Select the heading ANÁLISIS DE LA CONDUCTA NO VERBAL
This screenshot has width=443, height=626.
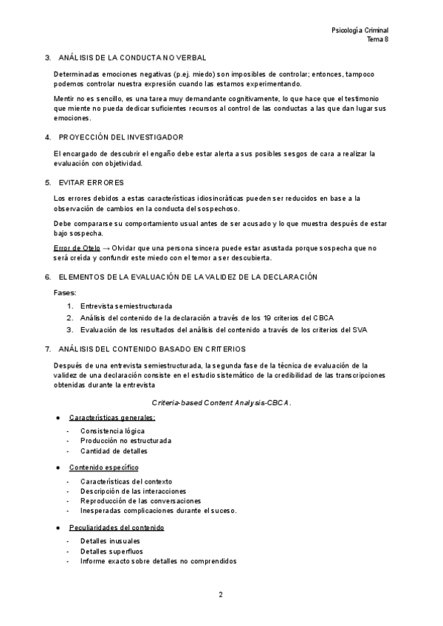132,57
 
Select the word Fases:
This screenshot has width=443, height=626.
66,292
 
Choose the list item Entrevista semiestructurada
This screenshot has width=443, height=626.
126,306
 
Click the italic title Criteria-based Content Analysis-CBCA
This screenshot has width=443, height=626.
221,403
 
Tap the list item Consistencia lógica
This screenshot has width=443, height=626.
113,430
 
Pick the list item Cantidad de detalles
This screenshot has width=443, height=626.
114,451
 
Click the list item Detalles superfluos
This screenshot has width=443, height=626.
112,551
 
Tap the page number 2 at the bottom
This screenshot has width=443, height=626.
221,594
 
